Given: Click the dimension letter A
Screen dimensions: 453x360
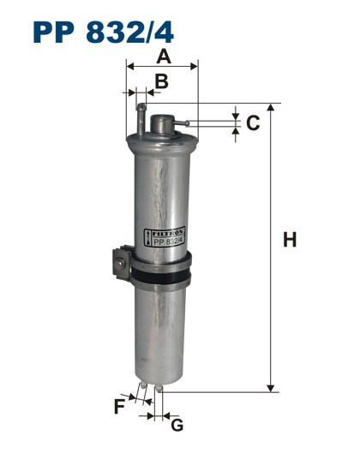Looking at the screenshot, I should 162,56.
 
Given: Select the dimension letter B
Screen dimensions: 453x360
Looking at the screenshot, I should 160,81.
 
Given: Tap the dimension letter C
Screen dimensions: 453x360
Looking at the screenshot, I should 253,123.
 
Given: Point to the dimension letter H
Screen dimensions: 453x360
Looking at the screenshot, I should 290,241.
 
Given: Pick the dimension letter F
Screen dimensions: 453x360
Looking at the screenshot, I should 119,407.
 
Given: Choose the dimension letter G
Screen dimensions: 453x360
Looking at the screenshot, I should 177,425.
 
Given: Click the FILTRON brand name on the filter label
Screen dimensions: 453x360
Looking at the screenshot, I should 169,232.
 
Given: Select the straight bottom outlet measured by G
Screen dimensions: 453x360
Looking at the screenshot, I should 159,395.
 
